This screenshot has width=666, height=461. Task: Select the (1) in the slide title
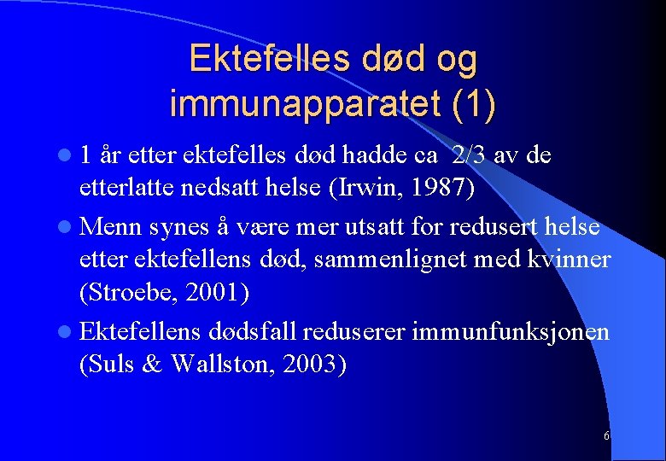coord(466,103)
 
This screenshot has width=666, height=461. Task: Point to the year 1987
coord(432,185)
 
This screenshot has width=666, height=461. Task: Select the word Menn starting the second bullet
coord(112,228)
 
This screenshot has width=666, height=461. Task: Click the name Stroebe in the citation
coord(124,292)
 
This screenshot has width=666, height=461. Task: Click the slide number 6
coord(606,436)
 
